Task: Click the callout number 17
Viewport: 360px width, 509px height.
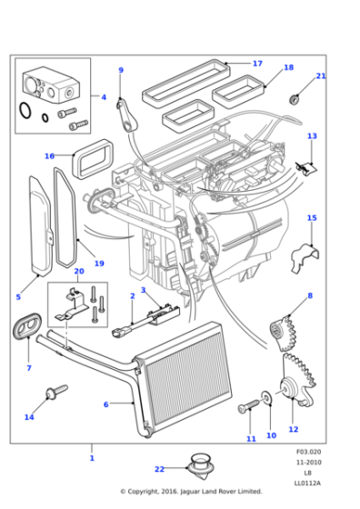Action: pyautogui.click(x=257, y=64)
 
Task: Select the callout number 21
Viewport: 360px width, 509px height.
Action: pyautogui.click(x=320, y=76)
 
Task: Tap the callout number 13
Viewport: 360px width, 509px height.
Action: pyautogui.click(x=312, y=136)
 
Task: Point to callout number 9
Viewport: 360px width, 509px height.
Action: pyautogui.click(x=120, y=70)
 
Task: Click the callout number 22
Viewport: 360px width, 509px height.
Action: pyautogui.click(x=159, y=469)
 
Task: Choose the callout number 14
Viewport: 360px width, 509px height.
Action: pyautogui.click(x=29, y=417)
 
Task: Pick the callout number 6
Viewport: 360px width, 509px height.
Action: pyautogui.click(x=105, y=404)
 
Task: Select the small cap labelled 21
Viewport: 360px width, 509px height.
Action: pyautogui.click(x=295, y=98)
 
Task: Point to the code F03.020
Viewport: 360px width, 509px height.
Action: pyautogui.click(x=308, y=452)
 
